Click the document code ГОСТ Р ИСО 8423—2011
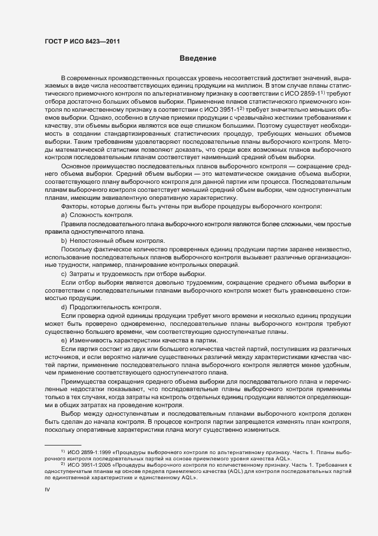pos(81,41)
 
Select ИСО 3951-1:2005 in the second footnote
pos(87,464)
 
